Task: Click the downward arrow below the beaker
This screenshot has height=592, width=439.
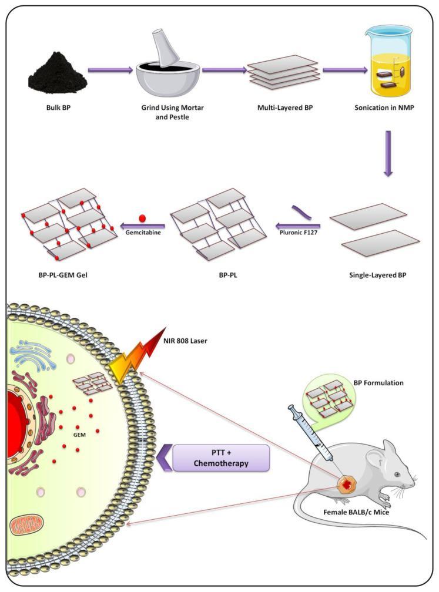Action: coord(387,154)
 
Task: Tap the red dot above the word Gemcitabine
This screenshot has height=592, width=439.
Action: coord(142,218)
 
